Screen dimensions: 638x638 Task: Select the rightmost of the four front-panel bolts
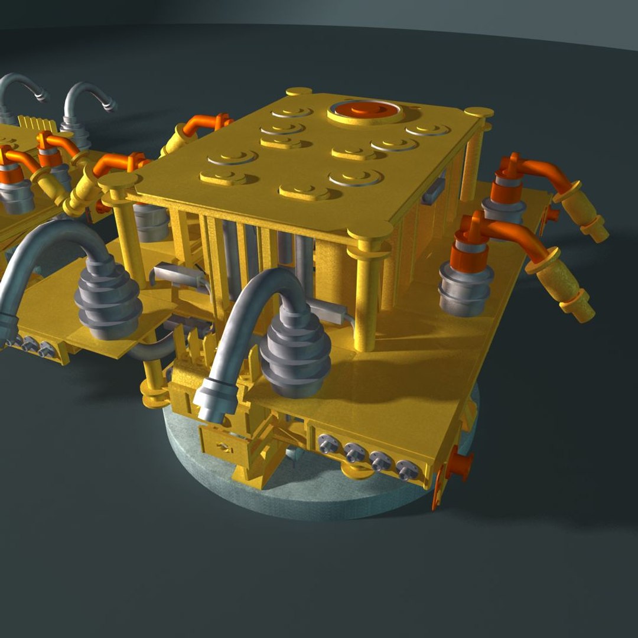tap(407, 470)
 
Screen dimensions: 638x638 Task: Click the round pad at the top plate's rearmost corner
tap(299, 92)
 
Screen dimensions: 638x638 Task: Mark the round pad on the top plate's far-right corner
tap(479, 112)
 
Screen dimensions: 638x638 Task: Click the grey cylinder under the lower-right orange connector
tap(466, 293)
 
